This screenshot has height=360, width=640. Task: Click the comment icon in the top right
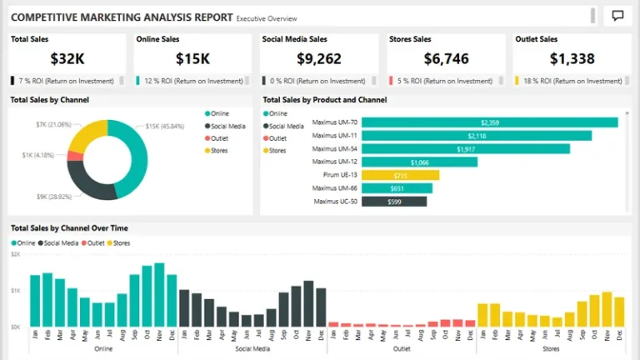617,16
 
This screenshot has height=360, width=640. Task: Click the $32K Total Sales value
67,58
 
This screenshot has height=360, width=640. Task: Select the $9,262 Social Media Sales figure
319,58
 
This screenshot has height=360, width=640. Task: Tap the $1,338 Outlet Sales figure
572,58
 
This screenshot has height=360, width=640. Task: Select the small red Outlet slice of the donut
74,155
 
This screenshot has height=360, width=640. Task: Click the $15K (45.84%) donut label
164,126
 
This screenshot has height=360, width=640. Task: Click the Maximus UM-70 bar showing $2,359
490,122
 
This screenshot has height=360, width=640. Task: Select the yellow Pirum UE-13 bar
400,175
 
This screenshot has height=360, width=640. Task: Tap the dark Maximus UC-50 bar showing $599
394,201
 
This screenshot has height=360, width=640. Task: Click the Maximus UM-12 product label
335,162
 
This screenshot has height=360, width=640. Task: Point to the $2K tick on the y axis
15,254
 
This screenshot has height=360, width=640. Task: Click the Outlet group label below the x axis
402,348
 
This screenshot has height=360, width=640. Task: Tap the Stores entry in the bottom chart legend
122,242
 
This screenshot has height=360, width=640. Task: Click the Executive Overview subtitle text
266,17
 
